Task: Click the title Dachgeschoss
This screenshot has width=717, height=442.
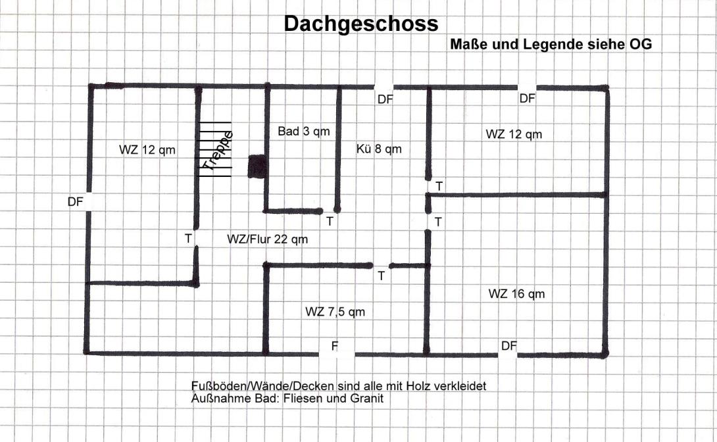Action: pyautogui.click(x=361, y=24)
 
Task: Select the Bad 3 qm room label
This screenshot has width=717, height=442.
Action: pyautogui.click(x=304, y=132)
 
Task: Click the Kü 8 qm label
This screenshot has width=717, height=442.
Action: pyautogui.click(x=379, y=149)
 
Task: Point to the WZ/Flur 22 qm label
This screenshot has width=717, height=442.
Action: pyautogui.click(x=268, y=239)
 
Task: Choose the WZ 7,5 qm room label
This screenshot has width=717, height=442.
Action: pyautogui.click(x=335, y=312)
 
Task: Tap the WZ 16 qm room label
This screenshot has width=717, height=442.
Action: pyautogui.click(x=517, y=293)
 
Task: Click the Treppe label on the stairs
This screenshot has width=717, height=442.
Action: pyautogui.click(x=218, y=151)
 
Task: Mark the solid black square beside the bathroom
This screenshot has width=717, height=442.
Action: pyautogui.click(x=257, y=166)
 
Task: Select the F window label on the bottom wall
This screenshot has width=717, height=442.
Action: pyautogui.click(x=335, y=346)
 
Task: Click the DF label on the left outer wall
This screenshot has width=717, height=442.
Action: pyautogui.click(x=76, y=201)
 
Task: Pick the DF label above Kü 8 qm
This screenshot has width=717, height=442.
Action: pyautogui.click(x=385, y=99)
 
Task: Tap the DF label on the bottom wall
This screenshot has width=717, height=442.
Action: pyautogui.click(x=509, y=346)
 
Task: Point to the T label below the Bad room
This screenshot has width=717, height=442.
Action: pyautogui.click(x=330, y=222)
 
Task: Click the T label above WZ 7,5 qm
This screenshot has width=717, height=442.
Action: pyautogui.click(x=382, y=276)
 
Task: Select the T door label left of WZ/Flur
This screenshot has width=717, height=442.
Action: pyautogui.click(x=188, y=239)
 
